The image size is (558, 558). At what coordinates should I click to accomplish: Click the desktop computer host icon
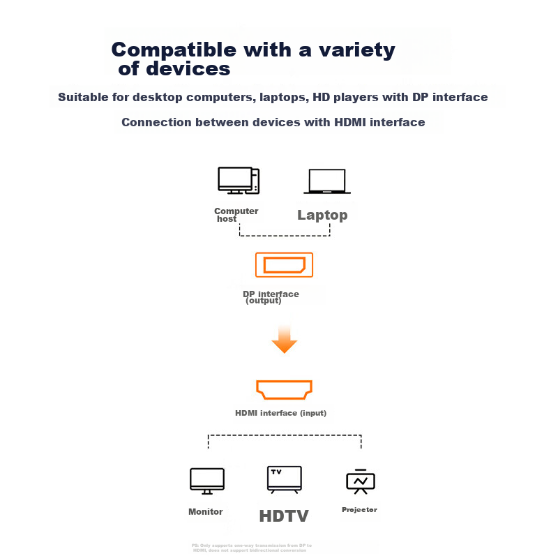coord(239,181)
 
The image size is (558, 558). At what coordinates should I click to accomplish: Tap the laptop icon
coord(327,181)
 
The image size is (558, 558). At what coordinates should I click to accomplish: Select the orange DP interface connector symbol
coord(285,265)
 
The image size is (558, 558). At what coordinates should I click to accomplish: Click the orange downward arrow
coord(285,340)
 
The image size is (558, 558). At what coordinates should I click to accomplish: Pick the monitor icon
coord(207,481)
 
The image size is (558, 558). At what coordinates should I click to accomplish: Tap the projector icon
coord(361,481)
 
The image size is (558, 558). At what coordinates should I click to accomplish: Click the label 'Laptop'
coord(322,215)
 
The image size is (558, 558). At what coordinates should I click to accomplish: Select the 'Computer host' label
coord(236,215)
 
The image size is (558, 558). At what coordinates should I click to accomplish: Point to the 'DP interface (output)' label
coord(271,297)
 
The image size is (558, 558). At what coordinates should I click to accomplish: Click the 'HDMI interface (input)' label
coord(281,413)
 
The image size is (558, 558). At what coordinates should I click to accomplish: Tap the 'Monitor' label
coord(206,512)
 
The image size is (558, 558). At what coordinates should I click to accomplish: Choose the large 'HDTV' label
coord(284,516)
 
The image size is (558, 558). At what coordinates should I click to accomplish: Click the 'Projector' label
coord(359,510)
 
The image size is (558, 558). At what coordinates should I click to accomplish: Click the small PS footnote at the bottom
coord(252,548)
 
